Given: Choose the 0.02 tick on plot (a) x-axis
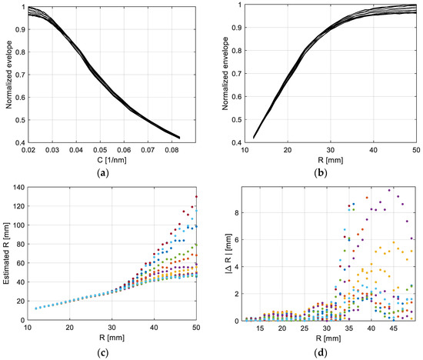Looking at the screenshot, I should tap(29, 151).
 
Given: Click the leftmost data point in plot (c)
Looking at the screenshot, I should tap(35, 308).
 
